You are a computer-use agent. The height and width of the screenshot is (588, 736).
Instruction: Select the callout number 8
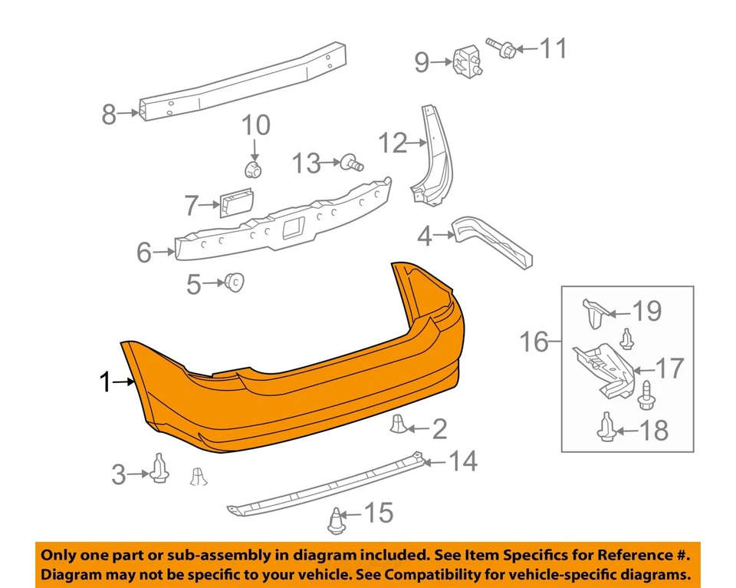(x=110, y=115)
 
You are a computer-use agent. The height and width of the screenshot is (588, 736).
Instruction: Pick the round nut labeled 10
(x=255, y=167)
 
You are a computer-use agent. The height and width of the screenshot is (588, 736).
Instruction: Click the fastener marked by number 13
(x=353, y=162)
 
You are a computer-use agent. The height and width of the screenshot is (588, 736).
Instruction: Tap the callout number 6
(x=144, y=252)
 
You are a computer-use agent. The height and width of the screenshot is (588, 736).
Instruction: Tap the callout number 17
(x=669, y=368)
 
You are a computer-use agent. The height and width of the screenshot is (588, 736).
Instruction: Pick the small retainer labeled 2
(x=399, y=424)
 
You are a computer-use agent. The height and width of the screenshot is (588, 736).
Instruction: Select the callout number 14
(x=462, y=461)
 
